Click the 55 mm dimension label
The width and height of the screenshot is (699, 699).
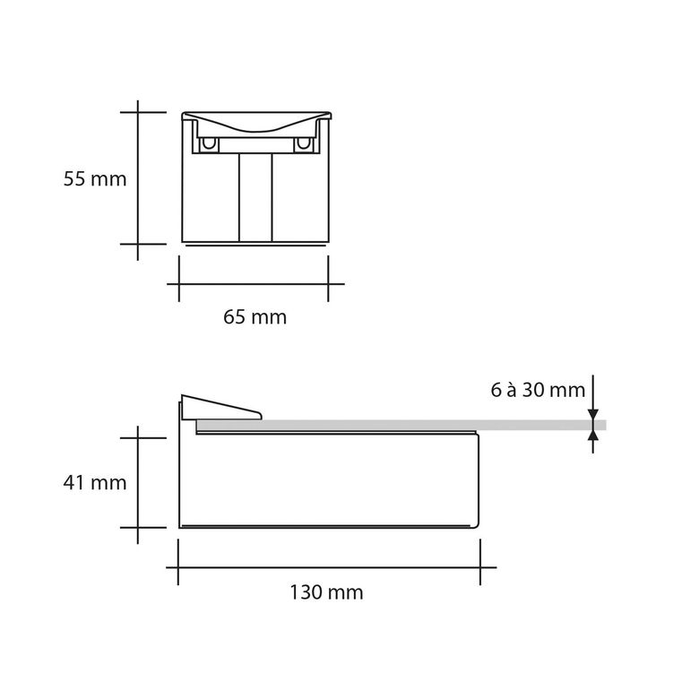[x=95, y=178]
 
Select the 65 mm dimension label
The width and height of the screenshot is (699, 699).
[x=255, y=317]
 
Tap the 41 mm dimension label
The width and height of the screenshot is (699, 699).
[x=95, y=482]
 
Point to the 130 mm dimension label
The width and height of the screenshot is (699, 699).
[x=326, y=592]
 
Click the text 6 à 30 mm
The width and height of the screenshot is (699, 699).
[x=538, y=390]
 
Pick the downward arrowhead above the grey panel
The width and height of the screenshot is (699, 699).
[x=593, y=414]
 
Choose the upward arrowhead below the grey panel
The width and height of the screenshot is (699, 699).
[x=593, y=436]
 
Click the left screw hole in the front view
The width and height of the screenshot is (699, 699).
[x=208, y=143]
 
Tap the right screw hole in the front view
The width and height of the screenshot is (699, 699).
[x=303, y=143]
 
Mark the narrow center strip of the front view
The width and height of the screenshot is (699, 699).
[x=255, y=197]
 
